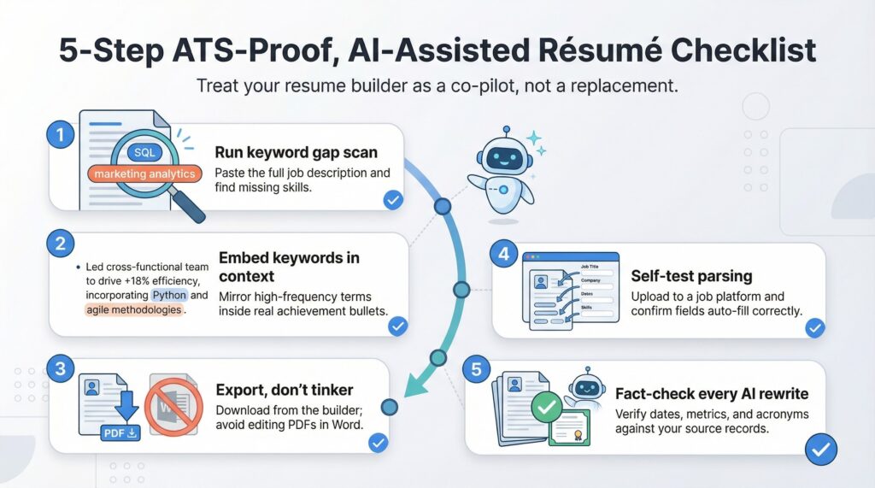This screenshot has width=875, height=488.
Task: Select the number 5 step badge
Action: tap(475, 369)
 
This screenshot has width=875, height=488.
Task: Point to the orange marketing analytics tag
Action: tap(144, 173)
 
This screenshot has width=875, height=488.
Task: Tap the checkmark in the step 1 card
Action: tap(392, 200)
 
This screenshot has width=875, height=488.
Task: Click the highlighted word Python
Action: tap(169, 295)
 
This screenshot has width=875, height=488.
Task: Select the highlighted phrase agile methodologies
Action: tap(135, 309)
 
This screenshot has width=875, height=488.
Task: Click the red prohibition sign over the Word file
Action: tap(173, 402)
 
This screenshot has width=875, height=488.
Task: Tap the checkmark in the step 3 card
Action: tap(377, 443)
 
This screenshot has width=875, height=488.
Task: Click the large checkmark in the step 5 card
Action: tap(821, 448)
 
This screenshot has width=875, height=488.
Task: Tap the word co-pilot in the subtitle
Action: tap(466, 86)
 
